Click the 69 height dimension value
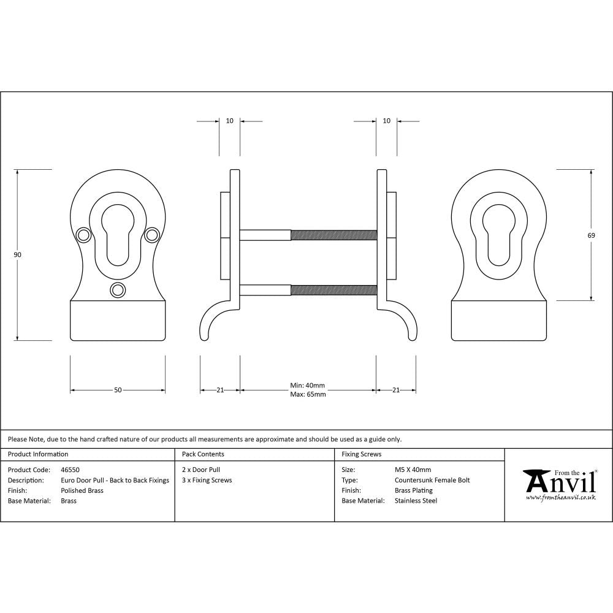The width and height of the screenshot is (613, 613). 592,235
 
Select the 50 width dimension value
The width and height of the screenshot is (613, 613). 118,390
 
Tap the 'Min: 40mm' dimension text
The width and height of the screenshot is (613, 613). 307,386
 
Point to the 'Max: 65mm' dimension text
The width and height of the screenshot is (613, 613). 307,394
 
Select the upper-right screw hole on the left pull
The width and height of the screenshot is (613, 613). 152,234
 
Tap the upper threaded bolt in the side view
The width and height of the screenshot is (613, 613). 333,235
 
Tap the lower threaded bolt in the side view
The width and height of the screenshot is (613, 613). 333,290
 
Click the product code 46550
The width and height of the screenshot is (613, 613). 70,470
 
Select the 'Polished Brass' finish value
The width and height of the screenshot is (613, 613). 82,490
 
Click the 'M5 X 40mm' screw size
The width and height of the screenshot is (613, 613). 413,470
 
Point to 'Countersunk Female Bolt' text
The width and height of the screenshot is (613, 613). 432,480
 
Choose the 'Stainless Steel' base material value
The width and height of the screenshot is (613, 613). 416,501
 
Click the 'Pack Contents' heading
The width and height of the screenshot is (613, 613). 203,454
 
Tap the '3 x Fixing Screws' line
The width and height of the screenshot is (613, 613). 207,480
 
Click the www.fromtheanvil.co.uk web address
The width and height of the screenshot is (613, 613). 561,498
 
